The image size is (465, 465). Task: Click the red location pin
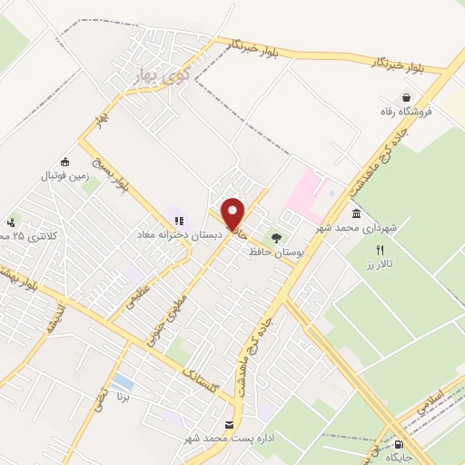pyautogui.click(x=233, y=212)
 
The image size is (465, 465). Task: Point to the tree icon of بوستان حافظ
pyautogui.click(x=276, y=236)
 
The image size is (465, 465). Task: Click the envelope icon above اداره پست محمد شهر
pyautogui.click(x=229, y=425)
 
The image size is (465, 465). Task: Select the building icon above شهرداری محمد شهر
pyautogui.click(x=354, y=213)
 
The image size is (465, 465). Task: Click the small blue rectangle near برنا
pyautogui.click(x=123, y=381)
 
